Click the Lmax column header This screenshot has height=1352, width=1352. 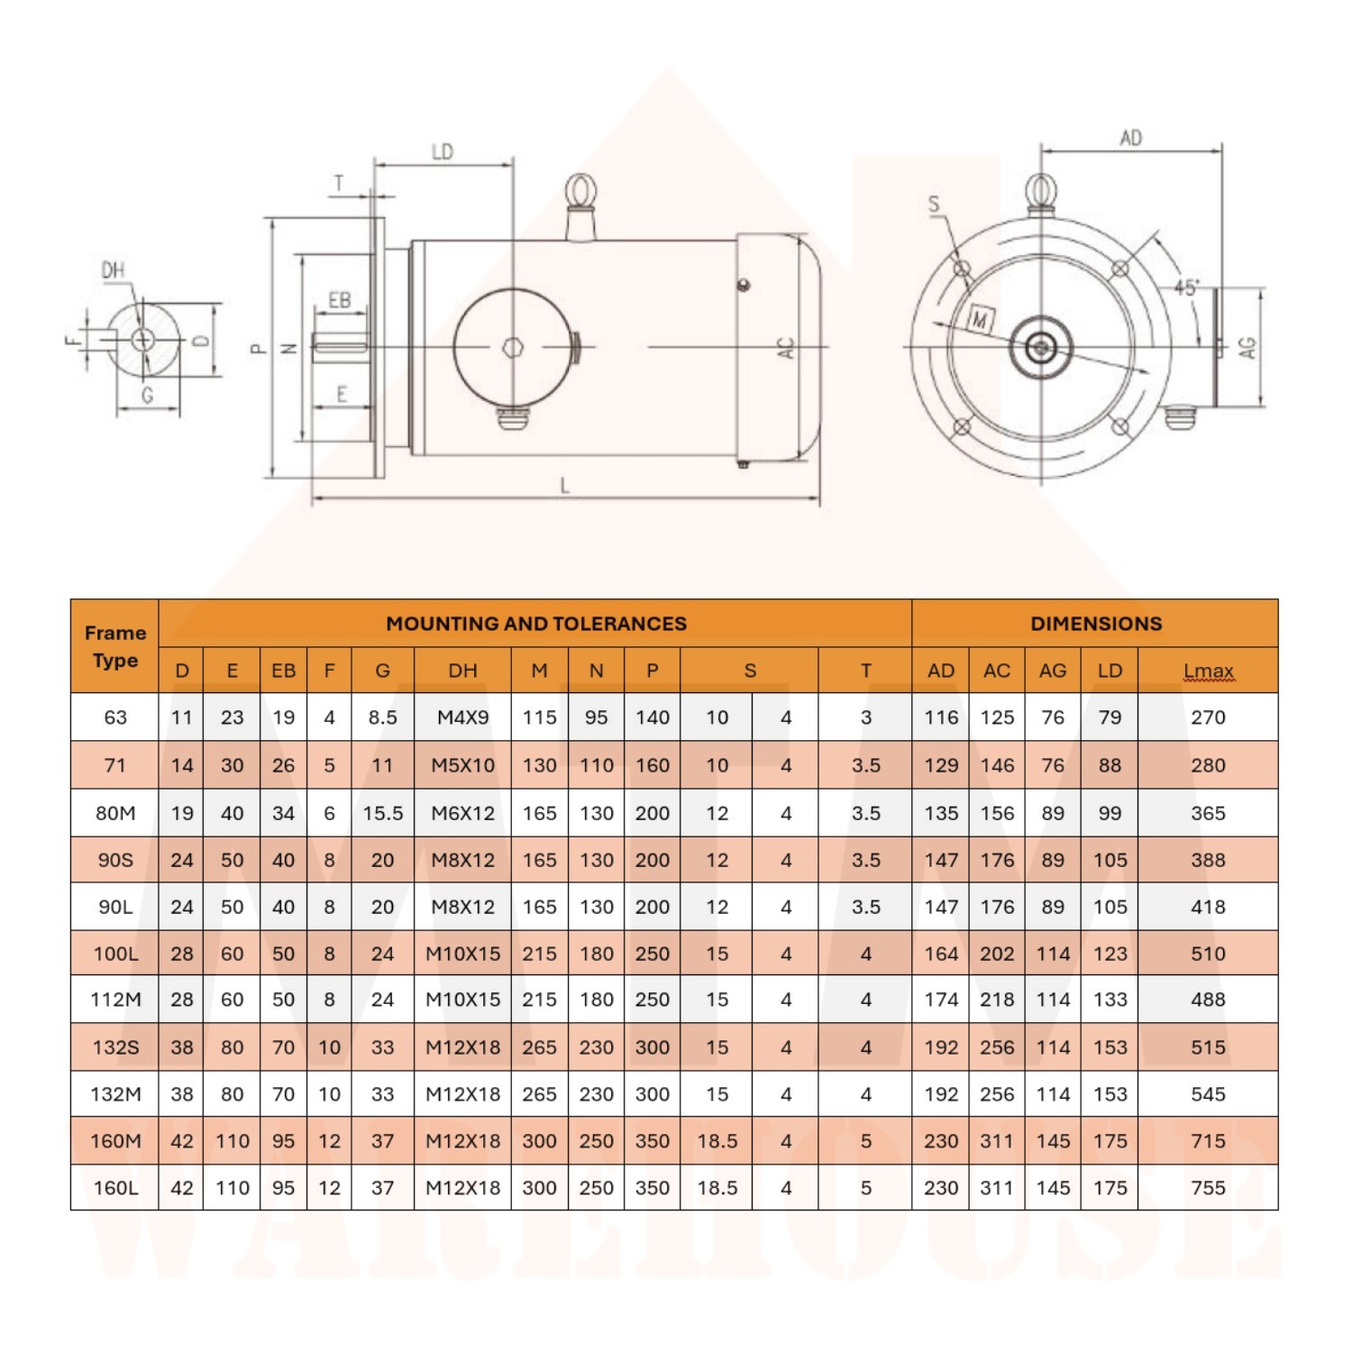pos(1208,671)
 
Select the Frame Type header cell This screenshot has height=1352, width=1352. pos(115,646)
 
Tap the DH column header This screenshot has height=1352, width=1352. pos(462,671)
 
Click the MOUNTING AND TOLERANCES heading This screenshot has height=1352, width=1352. pos(536,624)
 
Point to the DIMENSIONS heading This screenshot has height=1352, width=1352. pos(1096,624)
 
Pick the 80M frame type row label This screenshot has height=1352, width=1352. pos(115,813)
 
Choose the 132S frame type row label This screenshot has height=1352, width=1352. pos(115,1047)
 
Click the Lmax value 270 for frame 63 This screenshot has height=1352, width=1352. pos(1208,717)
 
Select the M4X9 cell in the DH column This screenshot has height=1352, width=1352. pos(462,717)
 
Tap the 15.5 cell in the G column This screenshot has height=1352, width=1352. pos(382,813)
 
